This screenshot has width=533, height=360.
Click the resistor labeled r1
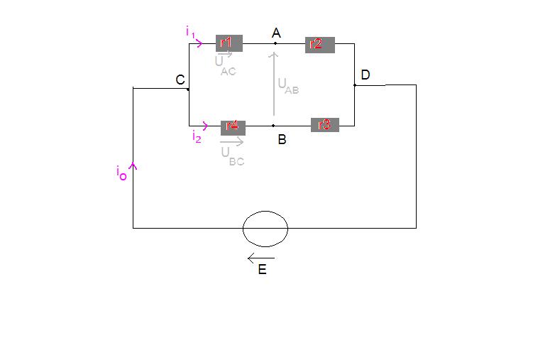(228, 43)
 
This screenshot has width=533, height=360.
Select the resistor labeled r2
(319, 44)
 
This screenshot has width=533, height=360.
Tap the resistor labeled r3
(324, 125)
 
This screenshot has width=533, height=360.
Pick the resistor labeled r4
(233, 127)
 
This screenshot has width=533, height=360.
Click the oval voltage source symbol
(265, 229)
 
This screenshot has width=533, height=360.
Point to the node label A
(276, 33)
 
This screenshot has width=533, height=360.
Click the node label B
(282, 140)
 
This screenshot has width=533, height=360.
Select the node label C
(180, 80)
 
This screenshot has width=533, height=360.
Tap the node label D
(366, 75)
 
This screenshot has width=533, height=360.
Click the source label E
(262, 271)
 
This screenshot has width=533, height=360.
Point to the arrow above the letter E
(260, 258)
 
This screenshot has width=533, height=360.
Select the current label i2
(197, 137)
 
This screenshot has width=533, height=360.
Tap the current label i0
(121, 173)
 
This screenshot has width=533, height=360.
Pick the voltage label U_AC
(226, 65)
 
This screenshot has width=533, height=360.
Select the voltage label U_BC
(231, 156)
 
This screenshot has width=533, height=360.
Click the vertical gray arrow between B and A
(273, 82)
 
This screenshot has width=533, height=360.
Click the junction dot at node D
(354, 85)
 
